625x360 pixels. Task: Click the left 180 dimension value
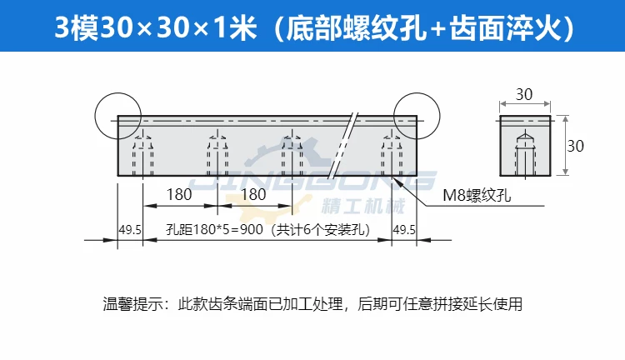(179, 194)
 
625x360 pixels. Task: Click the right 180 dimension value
(253, 194)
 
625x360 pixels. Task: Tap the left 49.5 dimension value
(130, 230)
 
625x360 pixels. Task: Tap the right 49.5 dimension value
(404, 230)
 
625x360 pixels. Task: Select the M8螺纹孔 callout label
(477, 195)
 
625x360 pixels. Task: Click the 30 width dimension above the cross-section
(524, 94)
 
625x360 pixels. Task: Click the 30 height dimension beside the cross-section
(576, 146)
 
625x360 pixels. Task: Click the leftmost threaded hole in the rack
(143, 153)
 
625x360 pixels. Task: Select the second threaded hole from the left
(217, 153)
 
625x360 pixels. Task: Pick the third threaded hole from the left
(292, 153)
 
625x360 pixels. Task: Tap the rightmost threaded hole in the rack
(392, 153)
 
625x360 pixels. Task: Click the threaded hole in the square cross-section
(526, 154)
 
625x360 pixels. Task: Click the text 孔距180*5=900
(214, 230)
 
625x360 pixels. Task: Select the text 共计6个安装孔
(321, 230)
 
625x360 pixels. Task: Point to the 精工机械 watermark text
(362, 206)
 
